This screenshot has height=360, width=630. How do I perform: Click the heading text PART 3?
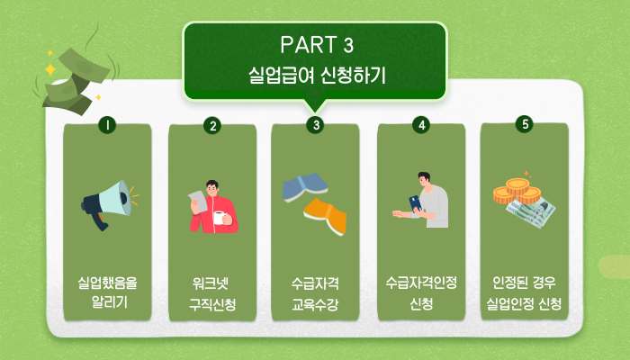[x=317, y=45]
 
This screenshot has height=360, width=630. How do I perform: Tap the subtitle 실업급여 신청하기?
[x=317, y=75]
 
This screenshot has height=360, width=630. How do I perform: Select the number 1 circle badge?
[x=107, y=125]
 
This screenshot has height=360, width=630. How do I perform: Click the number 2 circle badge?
[x=212, y=125]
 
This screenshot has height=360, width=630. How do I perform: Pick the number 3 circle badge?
[x=315, y=125]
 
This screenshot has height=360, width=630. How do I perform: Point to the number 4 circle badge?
[x=421, y=125]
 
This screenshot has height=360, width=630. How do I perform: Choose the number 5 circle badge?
[x=525, y=124]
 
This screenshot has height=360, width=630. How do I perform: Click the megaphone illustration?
[x=110, y=205]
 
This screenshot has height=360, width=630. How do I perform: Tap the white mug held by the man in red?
[x=220, y=218]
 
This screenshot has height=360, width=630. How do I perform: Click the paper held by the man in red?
[x=198, y=202]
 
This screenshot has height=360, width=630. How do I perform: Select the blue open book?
[x=305, y=187]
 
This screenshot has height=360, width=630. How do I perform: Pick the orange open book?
[x=326, y=216]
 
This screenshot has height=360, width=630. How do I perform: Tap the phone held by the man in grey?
[x=416, y=203]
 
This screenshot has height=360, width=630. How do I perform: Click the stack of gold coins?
[x=517, y=191]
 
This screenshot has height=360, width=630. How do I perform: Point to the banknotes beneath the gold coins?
[x=533, y=211]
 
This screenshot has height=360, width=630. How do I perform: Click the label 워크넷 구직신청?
[x=212, y=294]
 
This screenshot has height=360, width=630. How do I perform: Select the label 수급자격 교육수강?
[x=315, y=294]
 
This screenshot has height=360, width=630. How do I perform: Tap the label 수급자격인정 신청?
[x=421, y=293]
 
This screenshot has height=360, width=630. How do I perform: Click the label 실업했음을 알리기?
[x=107, y=292]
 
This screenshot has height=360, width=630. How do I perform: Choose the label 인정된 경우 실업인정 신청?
[x=525, y=293]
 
